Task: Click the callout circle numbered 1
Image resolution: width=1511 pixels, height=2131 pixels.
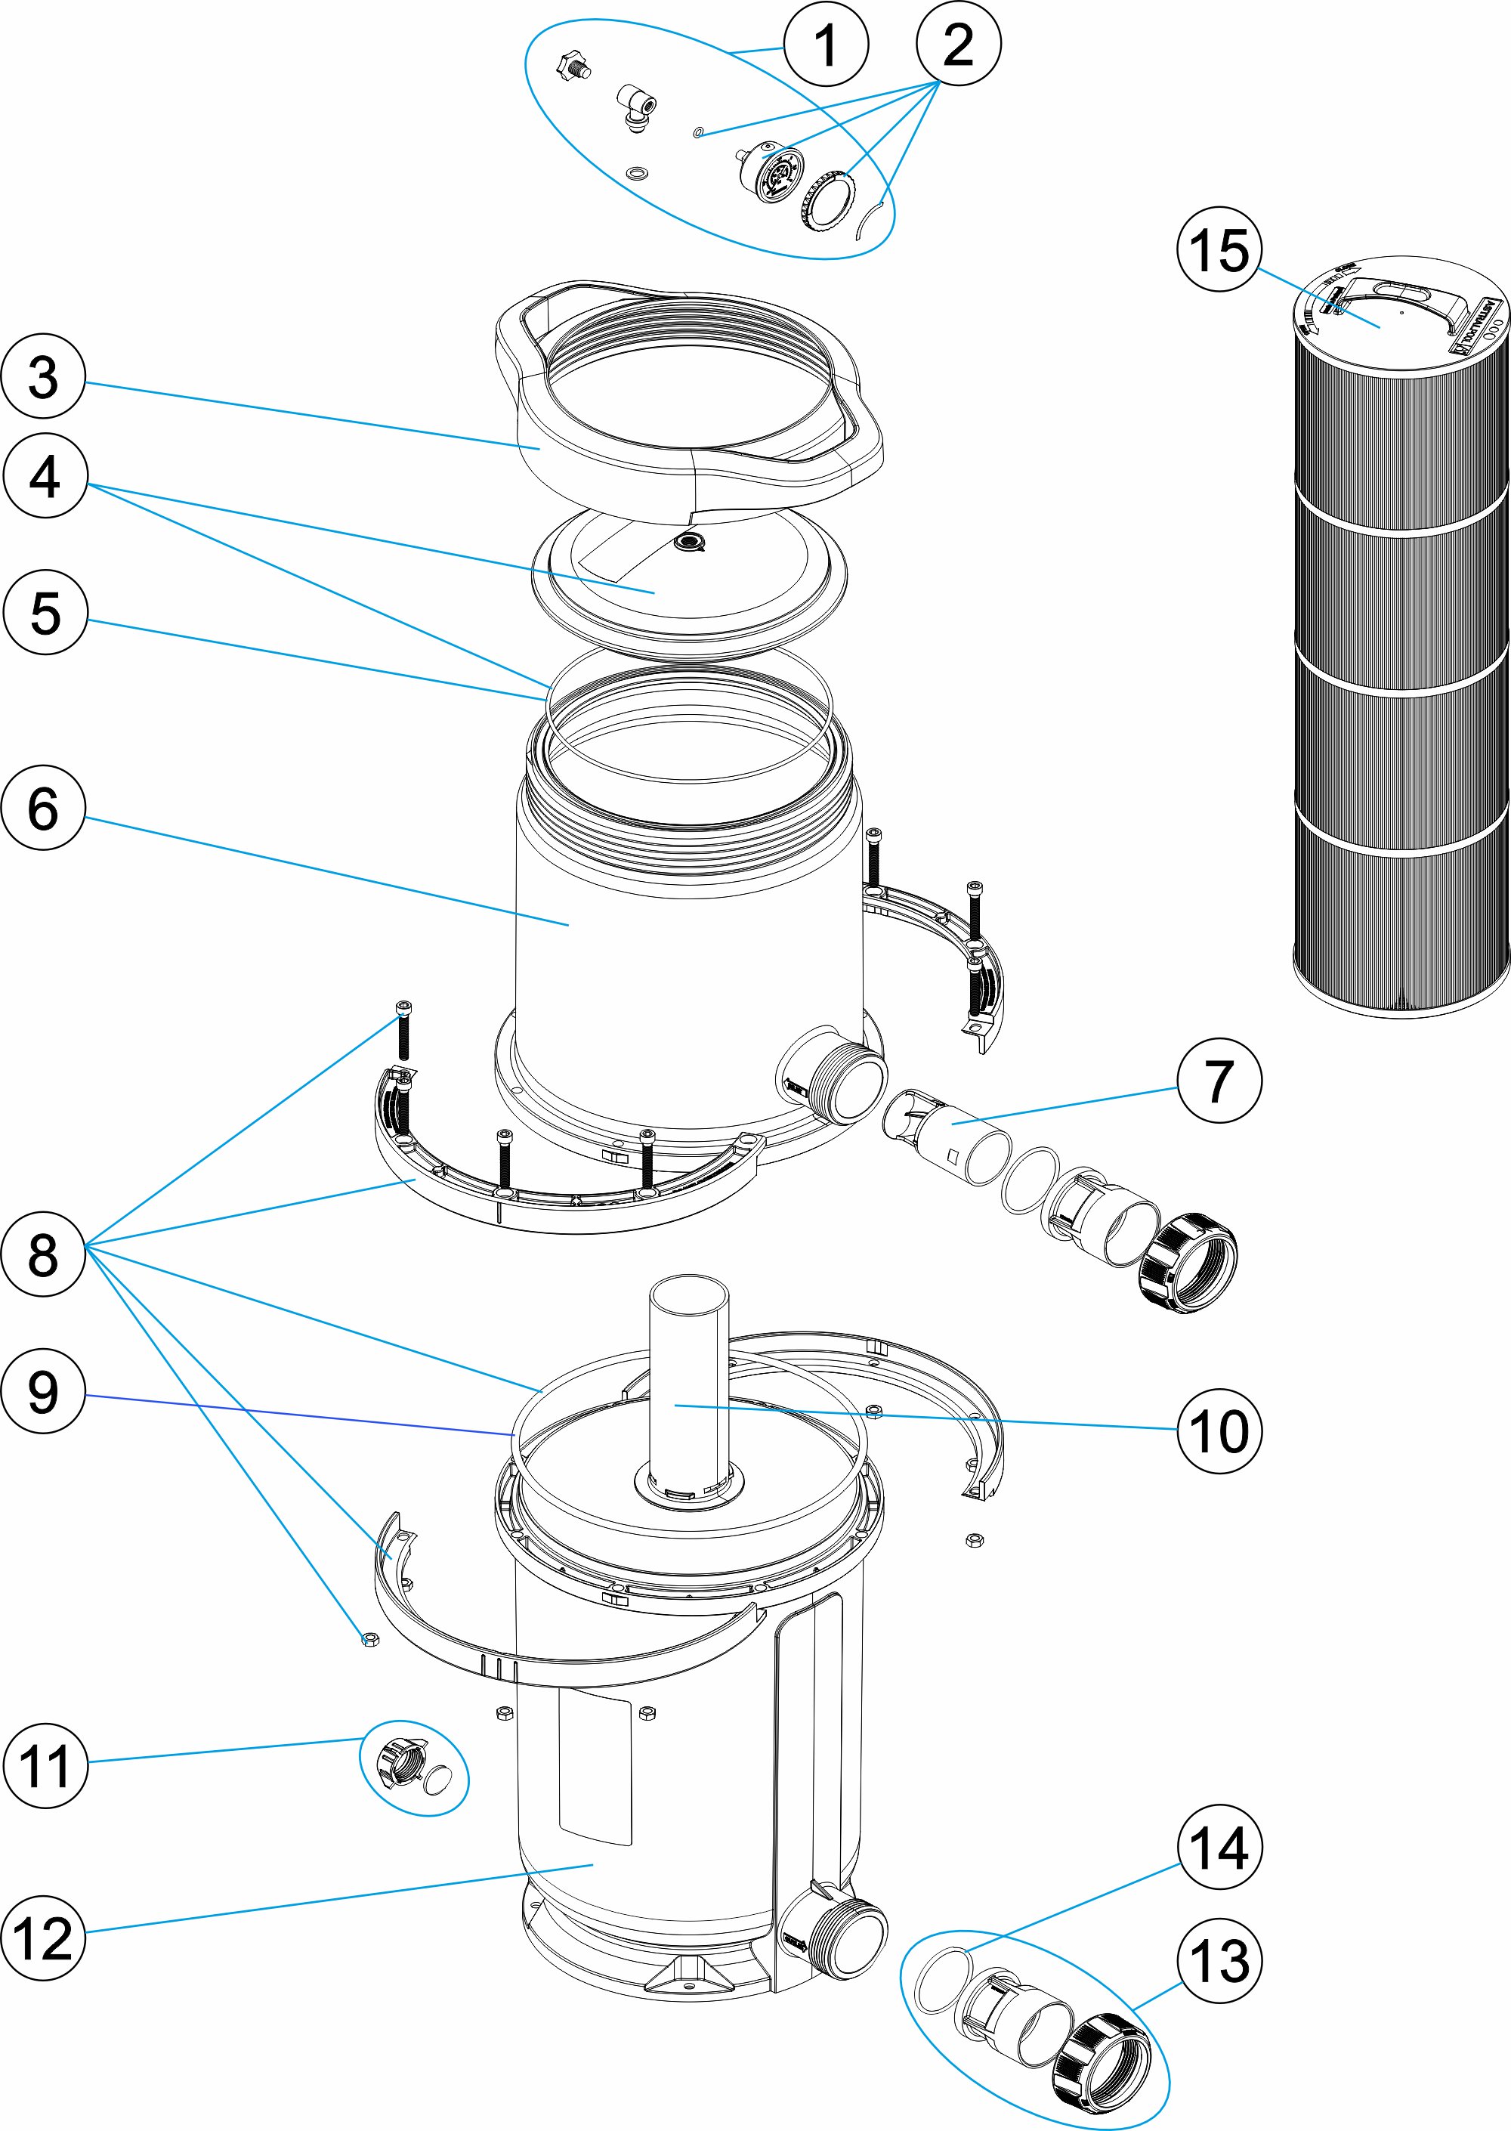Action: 825,45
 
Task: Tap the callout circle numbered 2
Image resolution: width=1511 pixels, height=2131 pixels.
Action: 958,45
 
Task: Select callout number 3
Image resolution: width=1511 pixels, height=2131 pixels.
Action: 43,377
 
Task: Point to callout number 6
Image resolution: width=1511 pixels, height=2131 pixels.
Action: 43,807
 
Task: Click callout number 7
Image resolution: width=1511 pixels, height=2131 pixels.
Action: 1219,1081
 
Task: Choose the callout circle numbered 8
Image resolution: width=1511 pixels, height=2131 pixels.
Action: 43,1254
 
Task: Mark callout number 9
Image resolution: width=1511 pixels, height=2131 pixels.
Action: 43,1391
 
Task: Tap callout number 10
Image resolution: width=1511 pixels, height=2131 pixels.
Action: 1219,1430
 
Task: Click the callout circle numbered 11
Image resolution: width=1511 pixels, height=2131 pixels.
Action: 45,1765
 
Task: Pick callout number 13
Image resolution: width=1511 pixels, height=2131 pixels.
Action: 1219,1961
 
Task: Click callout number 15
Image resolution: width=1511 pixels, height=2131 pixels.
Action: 1219,249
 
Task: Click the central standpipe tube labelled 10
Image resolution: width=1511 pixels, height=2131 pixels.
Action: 688,1378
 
